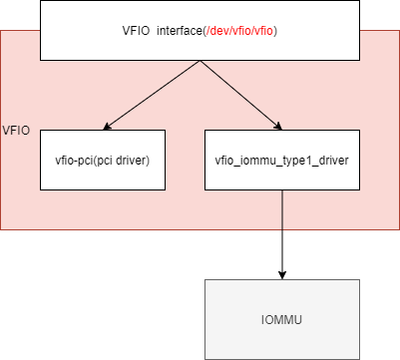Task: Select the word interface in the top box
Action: point(175,31)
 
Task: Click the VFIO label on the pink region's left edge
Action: point(16,131)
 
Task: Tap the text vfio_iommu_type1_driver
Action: point(282,160)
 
